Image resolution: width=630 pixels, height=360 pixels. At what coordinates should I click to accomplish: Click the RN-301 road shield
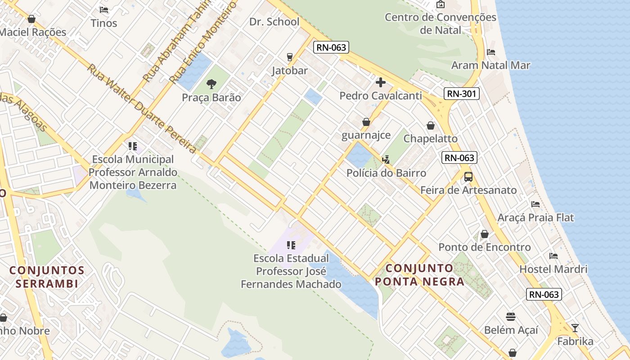461,94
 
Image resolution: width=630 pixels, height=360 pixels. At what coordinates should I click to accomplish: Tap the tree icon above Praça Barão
211,84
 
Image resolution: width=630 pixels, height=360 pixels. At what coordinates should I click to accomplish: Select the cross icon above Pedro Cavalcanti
381,82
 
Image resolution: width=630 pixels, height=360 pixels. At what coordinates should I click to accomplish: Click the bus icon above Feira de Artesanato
468,176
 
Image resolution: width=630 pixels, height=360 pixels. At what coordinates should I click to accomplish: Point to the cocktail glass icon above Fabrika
575,328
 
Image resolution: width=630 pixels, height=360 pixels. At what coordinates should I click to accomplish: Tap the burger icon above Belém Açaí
510,316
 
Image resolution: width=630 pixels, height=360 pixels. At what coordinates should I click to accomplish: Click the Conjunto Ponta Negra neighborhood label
419,275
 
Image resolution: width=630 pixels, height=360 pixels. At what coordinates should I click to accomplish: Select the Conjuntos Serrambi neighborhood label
47,277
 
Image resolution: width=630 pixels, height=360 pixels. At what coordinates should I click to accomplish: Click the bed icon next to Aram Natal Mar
491,52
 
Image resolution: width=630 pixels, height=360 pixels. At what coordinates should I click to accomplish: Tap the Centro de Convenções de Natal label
440,24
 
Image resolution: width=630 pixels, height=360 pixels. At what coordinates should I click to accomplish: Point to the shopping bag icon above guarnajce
366,122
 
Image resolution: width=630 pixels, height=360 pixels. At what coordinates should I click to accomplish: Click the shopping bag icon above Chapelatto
430,126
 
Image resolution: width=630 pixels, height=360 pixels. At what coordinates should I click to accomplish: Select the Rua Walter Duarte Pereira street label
142,108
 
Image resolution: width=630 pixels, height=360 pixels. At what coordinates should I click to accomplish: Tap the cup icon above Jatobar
289,57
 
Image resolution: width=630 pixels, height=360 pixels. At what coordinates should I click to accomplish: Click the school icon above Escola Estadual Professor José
291,245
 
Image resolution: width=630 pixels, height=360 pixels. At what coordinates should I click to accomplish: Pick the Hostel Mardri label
553,269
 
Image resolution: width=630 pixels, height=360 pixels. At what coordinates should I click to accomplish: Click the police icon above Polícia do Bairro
386,159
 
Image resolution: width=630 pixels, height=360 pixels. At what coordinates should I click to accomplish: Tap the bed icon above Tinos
104,9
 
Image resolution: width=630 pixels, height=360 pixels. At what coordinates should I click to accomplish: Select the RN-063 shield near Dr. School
332,47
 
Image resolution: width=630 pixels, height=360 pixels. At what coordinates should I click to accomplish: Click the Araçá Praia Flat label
535,218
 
